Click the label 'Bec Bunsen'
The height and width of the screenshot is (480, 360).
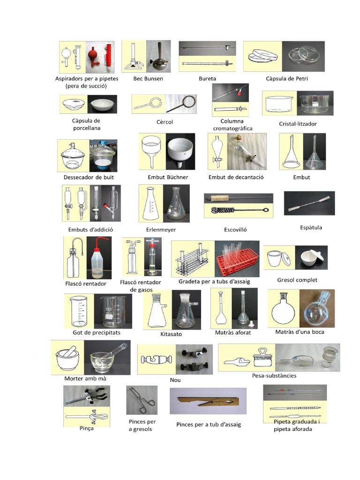148,79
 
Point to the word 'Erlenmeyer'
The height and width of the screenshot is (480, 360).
161,230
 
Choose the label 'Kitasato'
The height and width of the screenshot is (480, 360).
171,334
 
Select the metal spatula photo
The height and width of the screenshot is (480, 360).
309,203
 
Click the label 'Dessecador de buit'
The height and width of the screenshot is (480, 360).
89,177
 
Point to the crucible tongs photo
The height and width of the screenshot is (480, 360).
142,399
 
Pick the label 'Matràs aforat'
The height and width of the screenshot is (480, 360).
233,332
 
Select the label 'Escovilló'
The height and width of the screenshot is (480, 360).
235,230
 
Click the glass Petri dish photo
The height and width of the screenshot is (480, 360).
303,56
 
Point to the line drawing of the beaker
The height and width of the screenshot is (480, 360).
80,311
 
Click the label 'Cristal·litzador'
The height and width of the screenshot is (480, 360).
298,124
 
